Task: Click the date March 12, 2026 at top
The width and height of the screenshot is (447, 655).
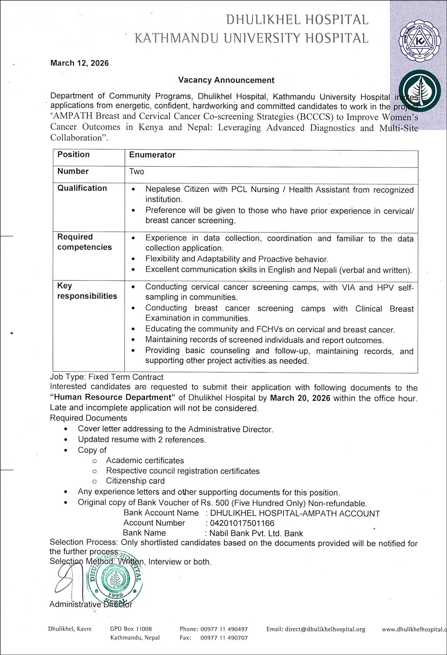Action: [79, 63]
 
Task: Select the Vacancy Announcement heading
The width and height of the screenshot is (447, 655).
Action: [226, 80]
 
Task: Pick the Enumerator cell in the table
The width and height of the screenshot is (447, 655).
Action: [152, 155]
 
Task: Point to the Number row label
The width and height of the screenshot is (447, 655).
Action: [73, 171]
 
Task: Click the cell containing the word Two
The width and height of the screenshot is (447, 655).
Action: [137, 172]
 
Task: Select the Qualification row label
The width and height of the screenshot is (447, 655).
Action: [82, 188]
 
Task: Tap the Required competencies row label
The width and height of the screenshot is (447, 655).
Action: [84, 242]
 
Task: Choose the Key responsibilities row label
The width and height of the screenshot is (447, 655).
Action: [87, 291]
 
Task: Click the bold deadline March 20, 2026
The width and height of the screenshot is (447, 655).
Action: [300, 398]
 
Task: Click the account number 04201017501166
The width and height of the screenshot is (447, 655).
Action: [242, 523]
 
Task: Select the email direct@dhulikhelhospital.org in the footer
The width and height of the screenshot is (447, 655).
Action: [316, 630]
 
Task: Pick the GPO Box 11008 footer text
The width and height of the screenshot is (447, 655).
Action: [131, 630]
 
